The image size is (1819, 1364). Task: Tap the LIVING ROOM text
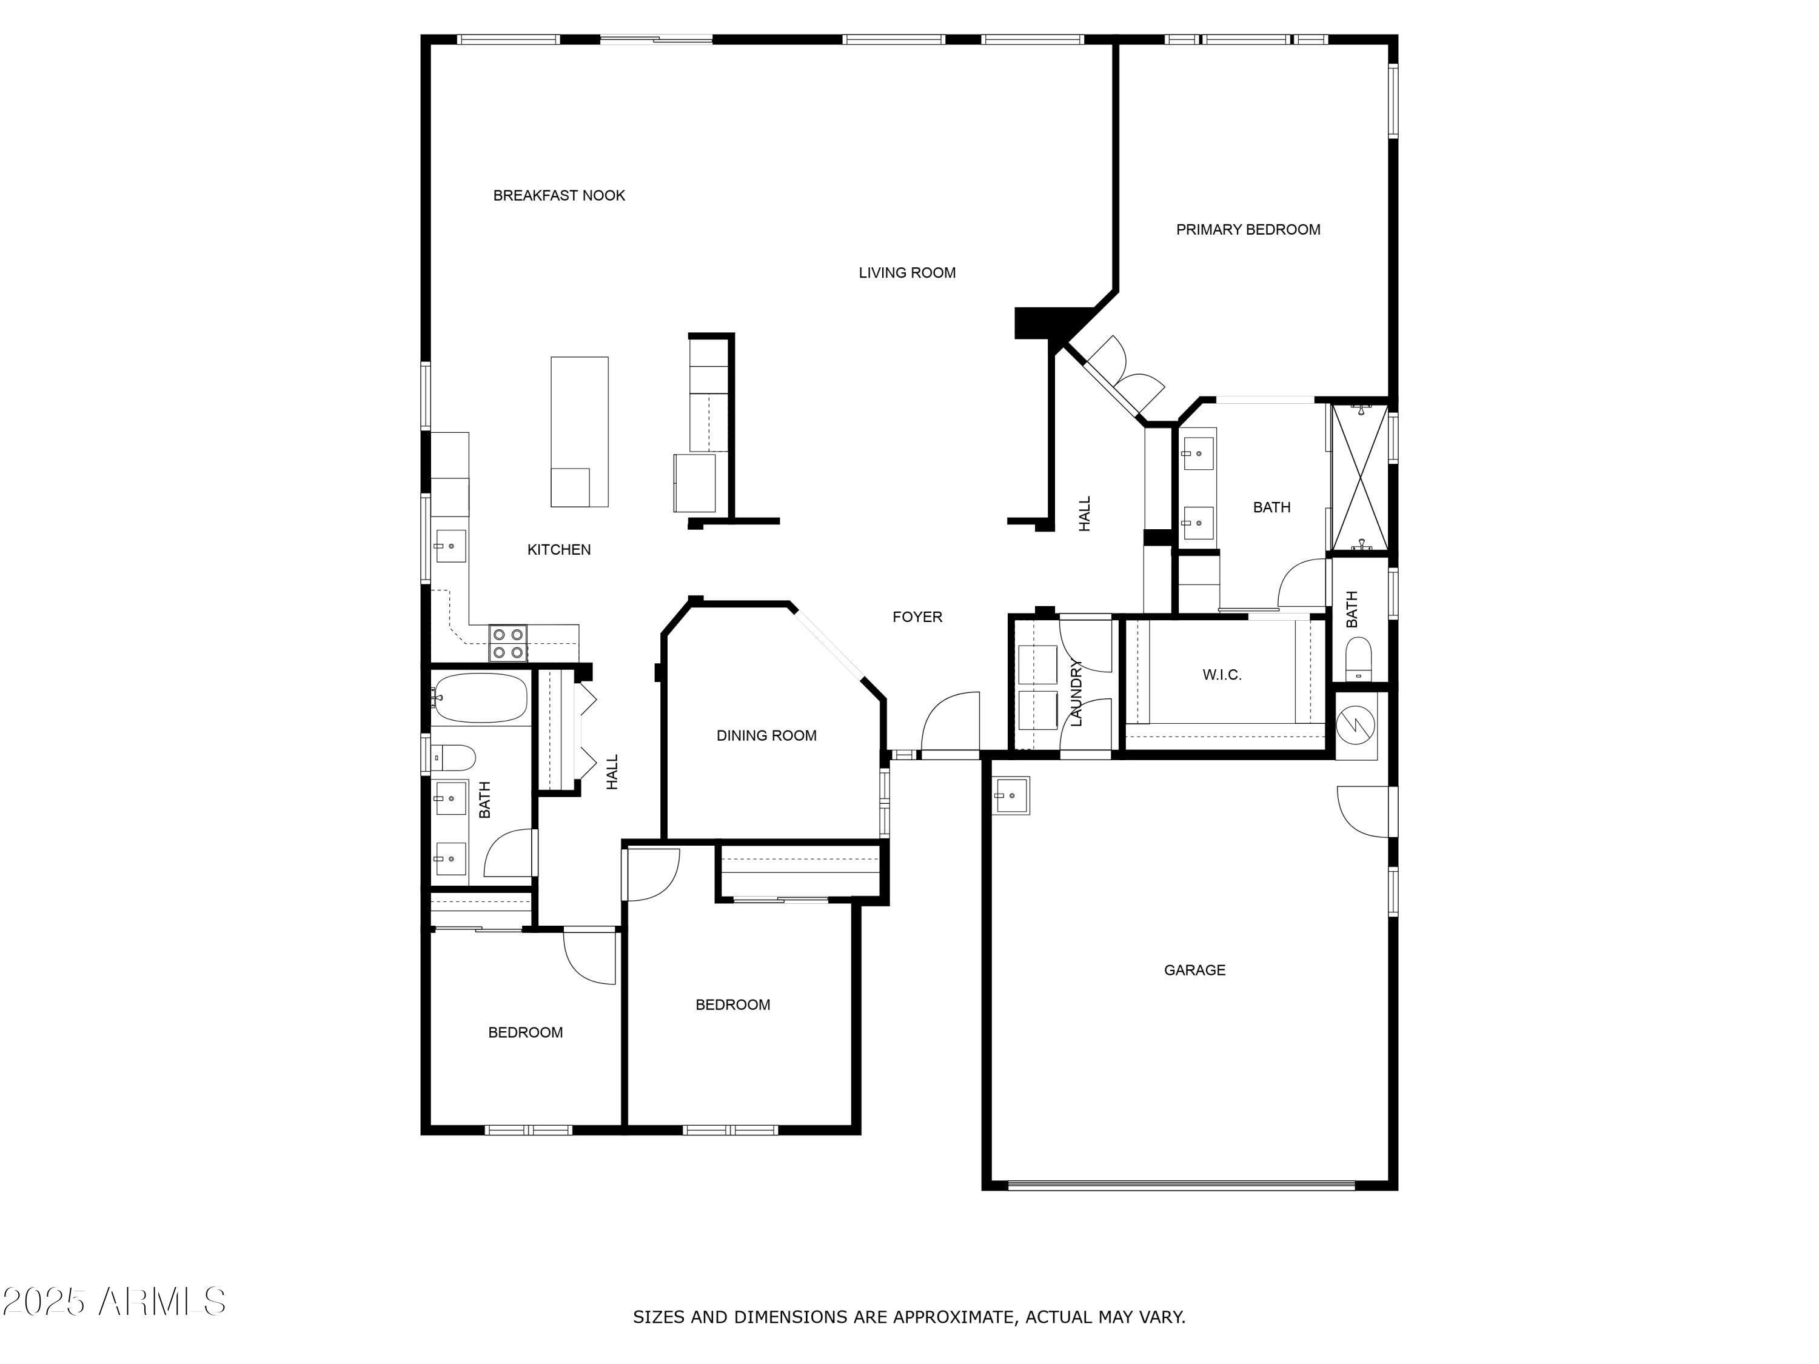coord(906,272)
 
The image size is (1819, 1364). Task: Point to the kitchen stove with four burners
coord(508,643)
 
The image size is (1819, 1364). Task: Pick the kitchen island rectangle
coord(579,431)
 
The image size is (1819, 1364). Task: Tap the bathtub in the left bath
coord(480,697)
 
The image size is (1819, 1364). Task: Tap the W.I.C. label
coord(1221,674)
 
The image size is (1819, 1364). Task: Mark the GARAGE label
coord(1194,969)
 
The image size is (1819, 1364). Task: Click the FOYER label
coord(917,617)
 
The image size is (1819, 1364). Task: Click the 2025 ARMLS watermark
coord(113,1301)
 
